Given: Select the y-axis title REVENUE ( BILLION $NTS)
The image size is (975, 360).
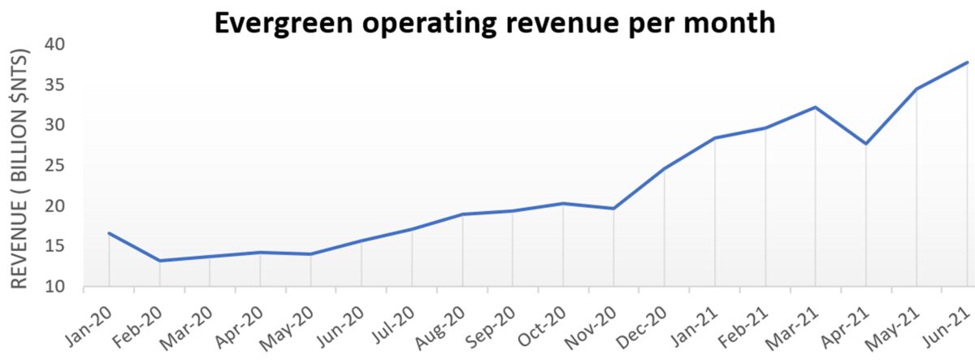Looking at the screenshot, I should (19, 169).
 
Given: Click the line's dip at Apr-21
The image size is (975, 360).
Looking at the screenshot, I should (866, 144).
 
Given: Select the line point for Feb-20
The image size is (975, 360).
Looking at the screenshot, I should (159, 261).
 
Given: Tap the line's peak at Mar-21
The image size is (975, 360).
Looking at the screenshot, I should (815, 107).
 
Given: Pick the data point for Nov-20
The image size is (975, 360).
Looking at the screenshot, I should (614, 208).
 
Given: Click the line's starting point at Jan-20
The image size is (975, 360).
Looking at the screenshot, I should (109, 233).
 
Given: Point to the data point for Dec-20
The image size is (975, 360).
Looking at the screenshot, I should (665, 168).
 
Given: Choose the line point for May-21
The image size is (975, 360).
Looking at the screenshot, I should (916, 89).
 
